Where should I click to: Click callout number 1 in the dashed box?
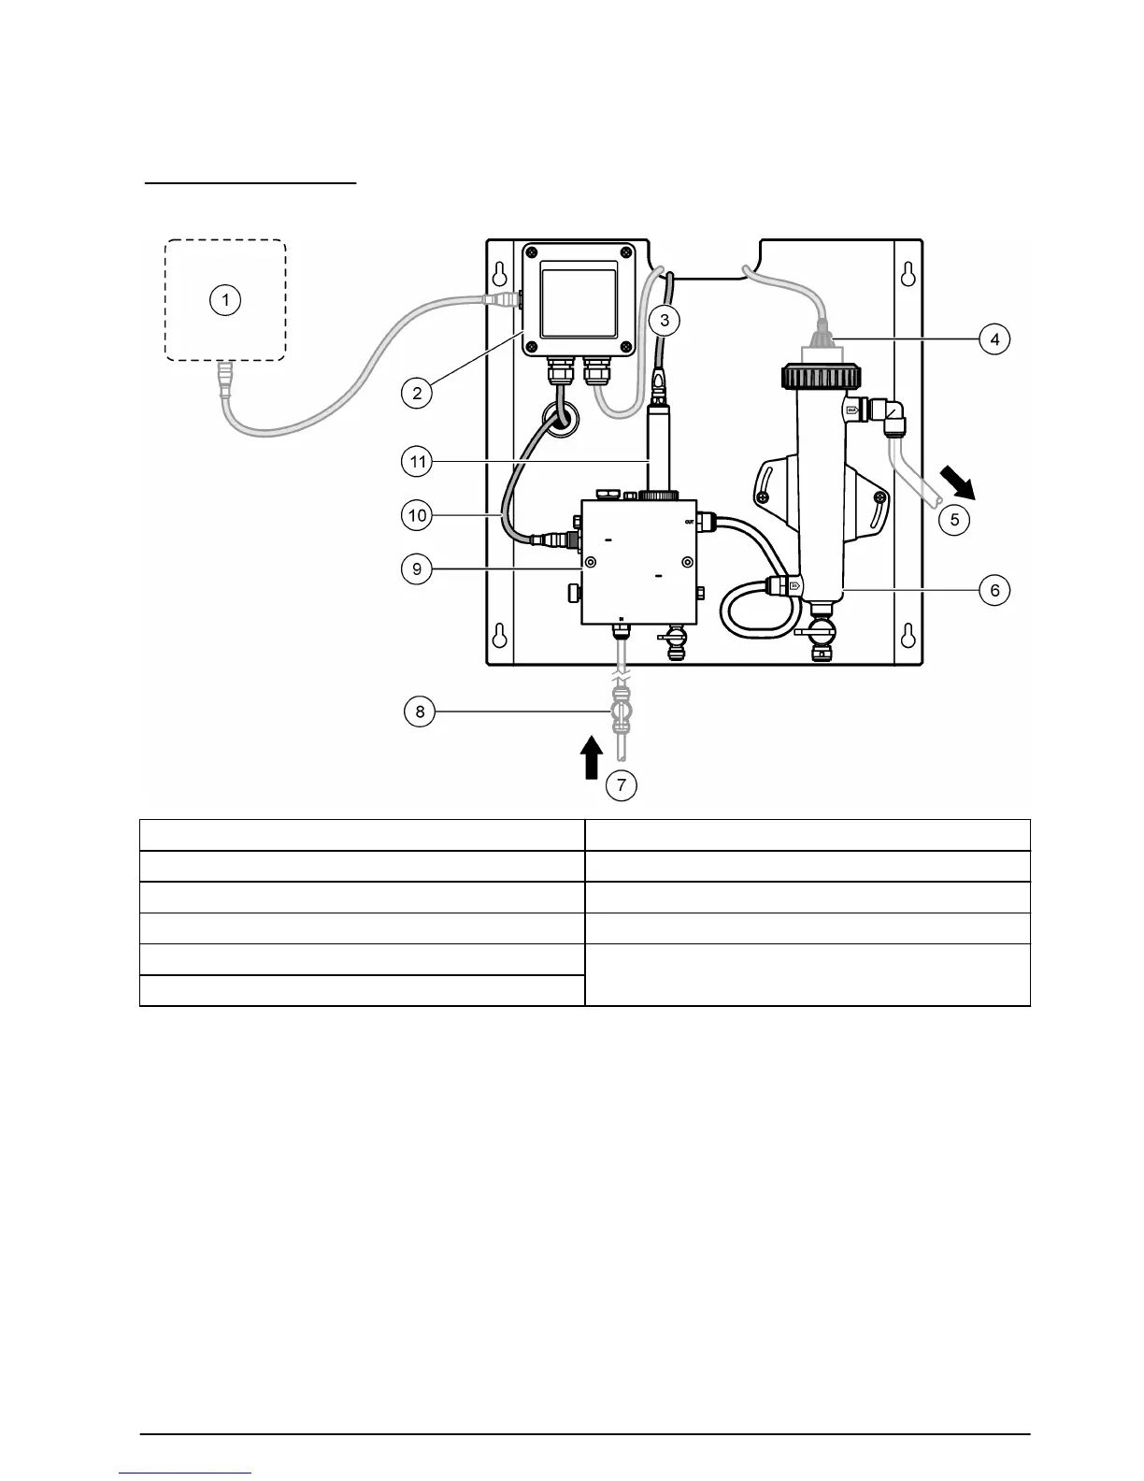224,300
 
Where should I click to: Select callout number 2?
417,393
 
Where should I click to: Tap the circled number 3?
664,321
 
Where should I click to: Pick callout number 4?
994,338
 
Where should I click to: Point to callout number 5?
954,519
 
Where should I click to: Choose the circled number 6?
994,590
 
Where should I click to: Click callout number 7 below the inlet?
622,785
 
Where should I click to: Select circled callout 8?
420,712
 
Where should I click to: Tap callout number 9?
417,568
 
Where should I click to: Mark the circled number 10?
417,514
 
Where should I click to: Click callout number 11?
417,461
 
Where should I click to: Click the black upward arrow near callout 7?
590,757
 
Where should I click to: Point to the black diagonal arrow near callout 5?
956,482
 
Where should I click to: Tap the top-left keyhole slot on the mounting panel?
501,273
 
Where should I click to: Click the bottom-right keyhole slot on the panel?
906,635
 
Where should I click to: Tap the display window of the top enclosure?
579,305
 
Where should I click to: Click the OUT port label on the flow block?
690,521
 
